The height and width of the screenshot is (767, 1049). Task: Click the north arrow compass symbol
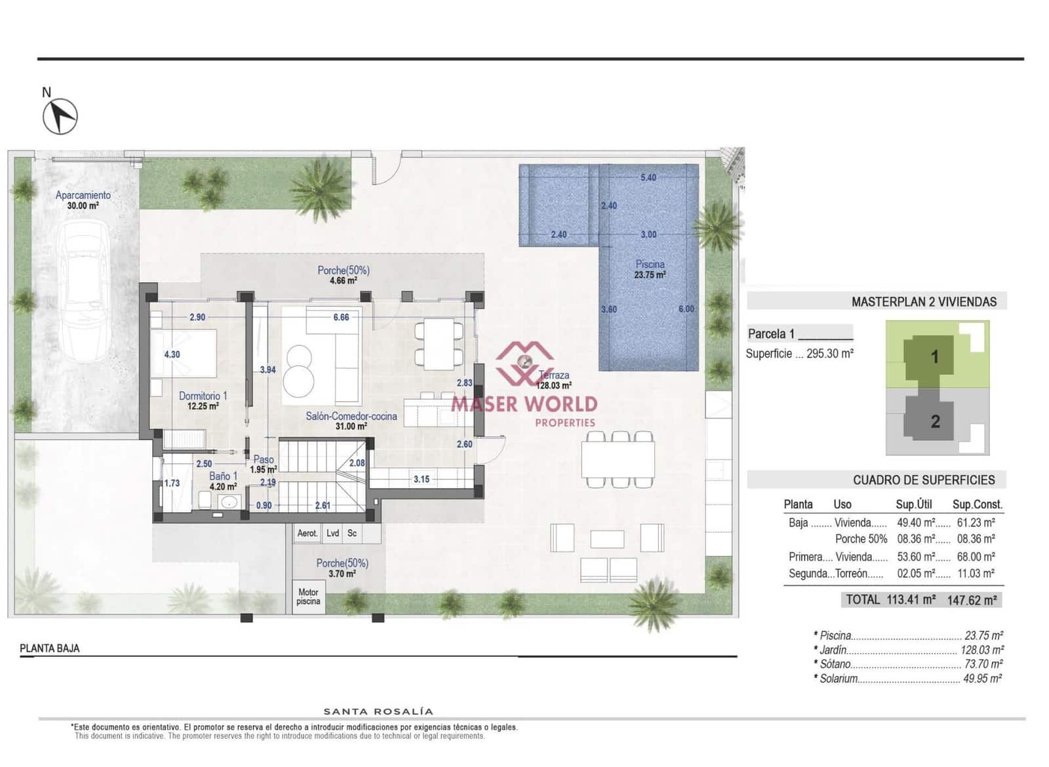[60, 116]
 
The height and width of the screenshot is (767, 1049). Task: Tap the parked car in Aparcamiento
[83, 290]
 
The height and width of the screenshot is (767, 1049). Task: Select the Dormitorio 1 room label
[203, 396]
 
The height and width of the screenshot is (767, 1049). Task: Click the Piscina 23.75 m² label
[650, 269]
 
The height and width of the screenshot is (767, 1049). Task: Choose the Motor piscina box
[308, 597]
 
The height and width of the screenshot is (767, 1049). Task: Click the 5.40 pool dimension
[648, 178]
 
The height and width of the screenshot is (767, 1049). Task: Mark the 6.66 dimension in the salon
[341, 317]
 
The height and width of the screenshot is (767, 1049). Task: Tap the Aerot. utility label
[307, 533]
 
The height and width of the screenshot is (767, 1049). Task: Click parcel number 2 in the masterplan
[936, 421]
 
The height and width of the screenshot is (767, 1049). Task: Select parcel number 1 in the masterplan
[935, 357]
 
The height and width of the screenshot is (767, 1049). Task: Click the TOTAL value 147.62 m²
[972, 600]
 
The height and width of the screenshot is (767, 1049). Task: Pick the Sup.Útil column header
[913, 504]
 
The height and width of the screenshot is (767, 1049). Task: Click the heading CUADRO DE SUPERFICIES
[923, 480]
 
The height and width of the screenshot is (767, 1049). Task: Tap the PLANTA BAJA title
[50, 648]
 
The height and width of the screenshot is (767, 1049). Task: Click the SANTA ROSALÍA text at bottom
[378, 711]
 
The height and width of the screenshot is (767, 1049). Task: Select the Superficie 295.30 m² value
[829, 354]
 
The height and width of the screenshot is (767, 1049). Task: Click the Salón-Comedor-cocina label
[351, 417]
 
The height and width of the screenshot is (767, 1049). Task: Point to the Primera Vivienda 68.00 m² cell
[976, 557]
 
